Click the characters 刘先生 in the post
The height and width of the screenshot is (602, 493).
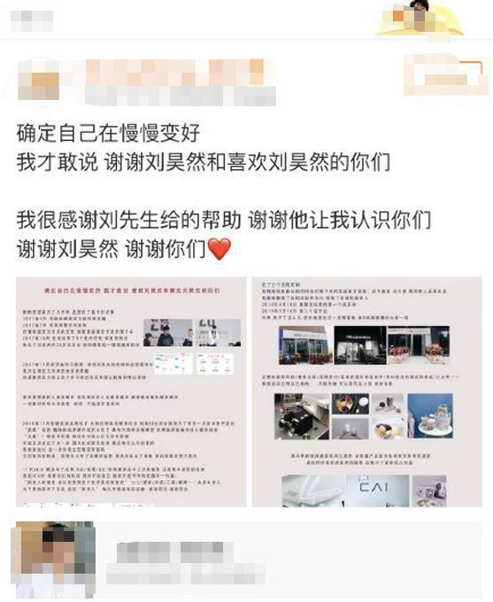pyautogui.click(x=136, y=220)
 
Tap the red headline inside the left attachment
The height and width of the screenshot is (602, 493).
pyautogui.click(x=131, y=289)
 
